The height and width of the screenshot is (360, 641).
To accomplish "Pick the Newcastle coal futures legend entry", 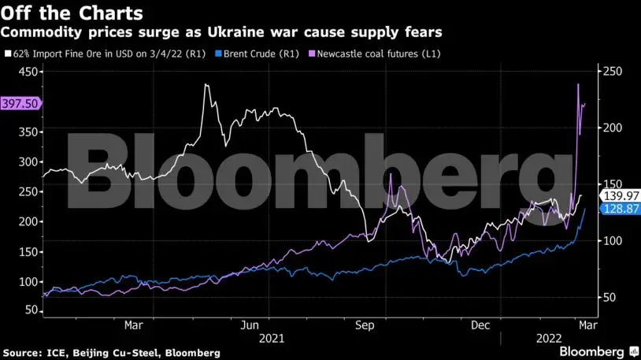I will coord(380,54).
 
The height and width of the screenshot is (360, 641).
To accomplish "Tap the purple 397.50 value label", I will coord(20,103).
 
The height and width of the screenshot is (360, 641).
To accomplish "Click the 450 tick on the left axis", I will coord(28,71).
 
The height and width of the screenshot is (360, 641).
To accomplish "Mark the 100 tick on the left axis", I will coord(28,282).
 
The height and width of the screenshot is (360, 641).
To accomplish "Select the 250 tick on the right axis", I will coord(613,71).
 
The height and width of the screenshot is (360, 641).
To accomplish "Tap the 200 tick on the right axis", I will coord(613,128).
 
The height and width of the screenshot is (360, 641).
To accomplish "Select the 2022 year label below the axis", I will coord(549,338).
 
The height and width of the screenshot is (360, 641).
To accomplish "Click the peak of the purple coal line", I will coord(578,84).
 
